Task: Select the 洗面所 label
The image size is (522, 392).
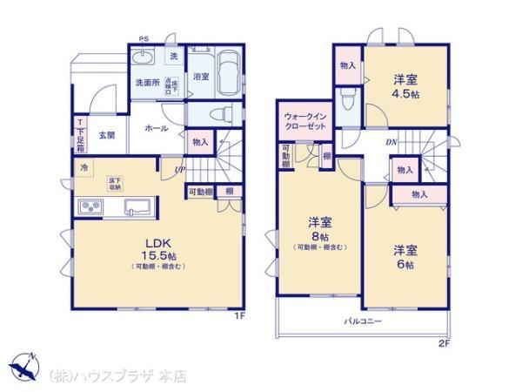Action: (147, 83)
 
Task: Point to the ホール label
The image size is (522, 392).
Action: (157, 128)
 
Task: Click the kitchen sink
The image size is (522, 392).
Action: (139, 206)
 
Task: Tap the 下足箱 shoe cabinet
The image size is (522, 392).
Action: (80, 134)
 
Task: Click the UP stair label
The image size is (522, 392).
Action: (179, 169)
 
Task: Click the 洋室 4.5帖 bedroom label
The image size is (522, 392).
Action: (404, 83)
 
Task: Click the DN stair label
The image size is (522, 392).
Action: (393, 142)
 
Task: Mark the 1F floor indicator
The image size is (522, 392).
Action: (238, 316)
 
